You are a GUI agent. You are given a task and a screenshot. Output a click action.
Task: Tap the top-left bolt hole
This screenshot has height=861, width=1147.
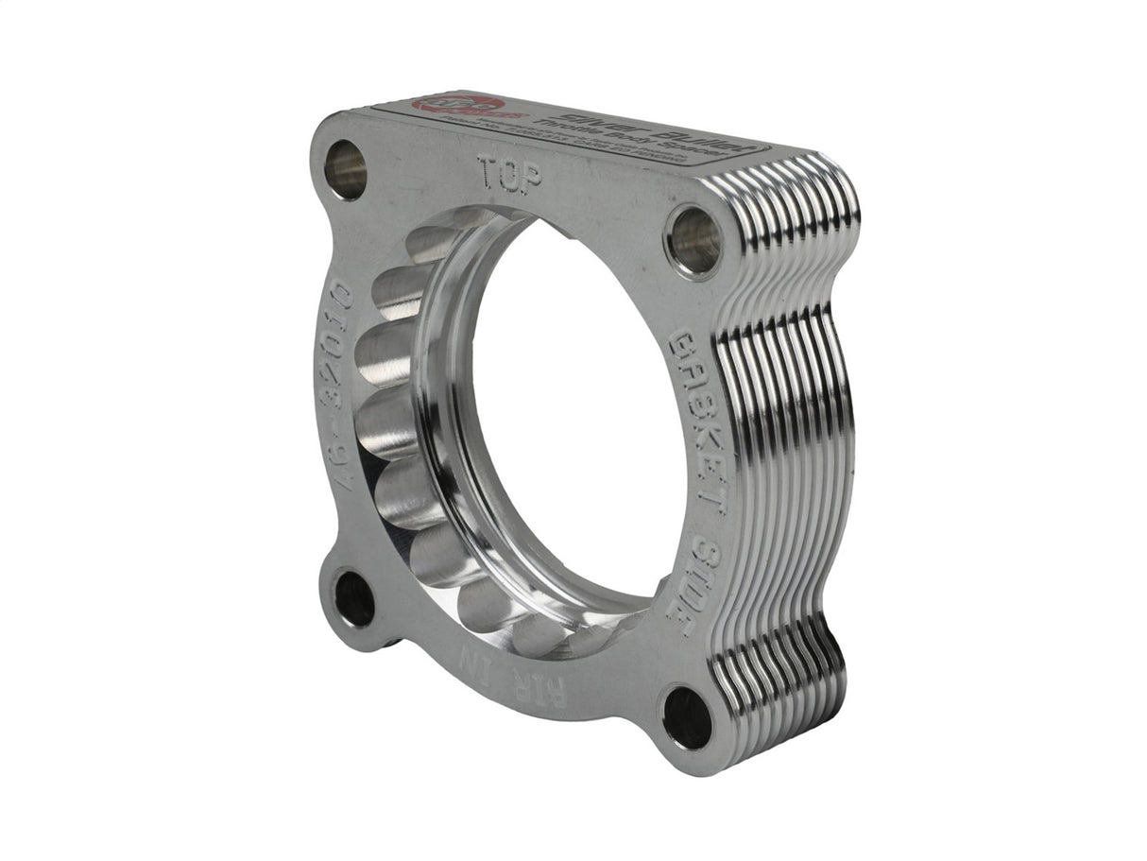tap(345, 169)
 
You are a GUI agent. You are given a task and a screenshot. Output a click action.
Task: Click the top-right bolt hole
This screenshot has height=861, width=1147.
tap(693, 241)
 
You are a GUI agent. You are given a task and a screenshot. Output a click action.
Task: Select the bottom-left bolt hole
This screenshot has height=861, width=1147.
tap(354, 599)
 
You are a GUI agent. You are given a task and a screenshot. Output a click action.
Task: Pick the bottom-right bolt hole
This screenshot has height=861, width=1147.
tap(687, 718)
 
